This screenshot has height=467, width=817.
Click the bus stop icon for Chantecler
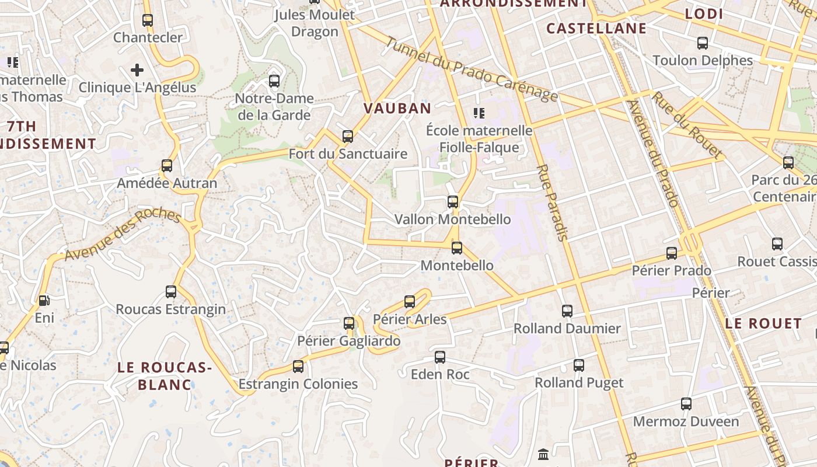pyautogui.click(x=148, y=20)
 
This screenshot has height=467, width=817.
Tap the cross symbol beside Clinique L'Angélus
pyautogui.click(x=137, y=71)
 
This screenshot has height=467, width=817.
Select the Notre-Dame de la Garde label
pyautogui.click(x=274, y=106)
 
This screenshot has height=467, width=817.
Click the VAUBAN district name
pyautogui.click(x=397, y=108)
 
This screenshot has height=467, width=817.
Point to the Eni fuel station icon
pyautogui.click(x=44, y=301)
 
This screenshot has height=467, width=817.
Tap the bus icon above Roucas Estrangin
pyautogui.click(x=171, y=291)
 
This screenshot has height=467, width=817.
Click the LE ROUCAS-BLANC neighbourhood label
pyautogui.click(x=165, y=376)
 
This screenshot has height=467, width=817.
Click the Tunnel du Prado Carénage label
pyautogui.click(x=472, y=69)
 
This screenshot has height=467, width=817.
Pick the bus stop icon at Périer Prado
pyautogui.click(x=672, y=253)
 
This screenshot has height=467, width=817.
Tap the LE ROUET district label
pyautogui.click(x=764, y=323)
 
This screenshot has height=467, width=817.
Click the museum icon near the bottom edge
pyautogui.click(x=543, y=454)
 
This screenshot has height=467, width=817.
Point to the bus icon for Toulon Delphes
pyautogui.click(x=703, y=43)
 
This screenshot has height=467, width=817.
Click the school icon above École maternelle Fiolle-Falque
pyautogui.click(x=479, y=113)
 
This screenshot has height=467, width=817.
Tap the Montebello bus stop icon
pyautogui.click(x=457, y=248)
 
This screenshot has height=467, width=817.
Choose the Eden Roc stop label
pyautogui.click(x=440, y=374)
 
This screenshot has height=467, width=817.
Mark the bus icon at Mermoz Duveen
pyautogui.click(x=686, y=404)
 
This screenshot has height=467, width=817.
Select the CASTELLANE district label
pyautogui.click(x=596, y=28)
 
